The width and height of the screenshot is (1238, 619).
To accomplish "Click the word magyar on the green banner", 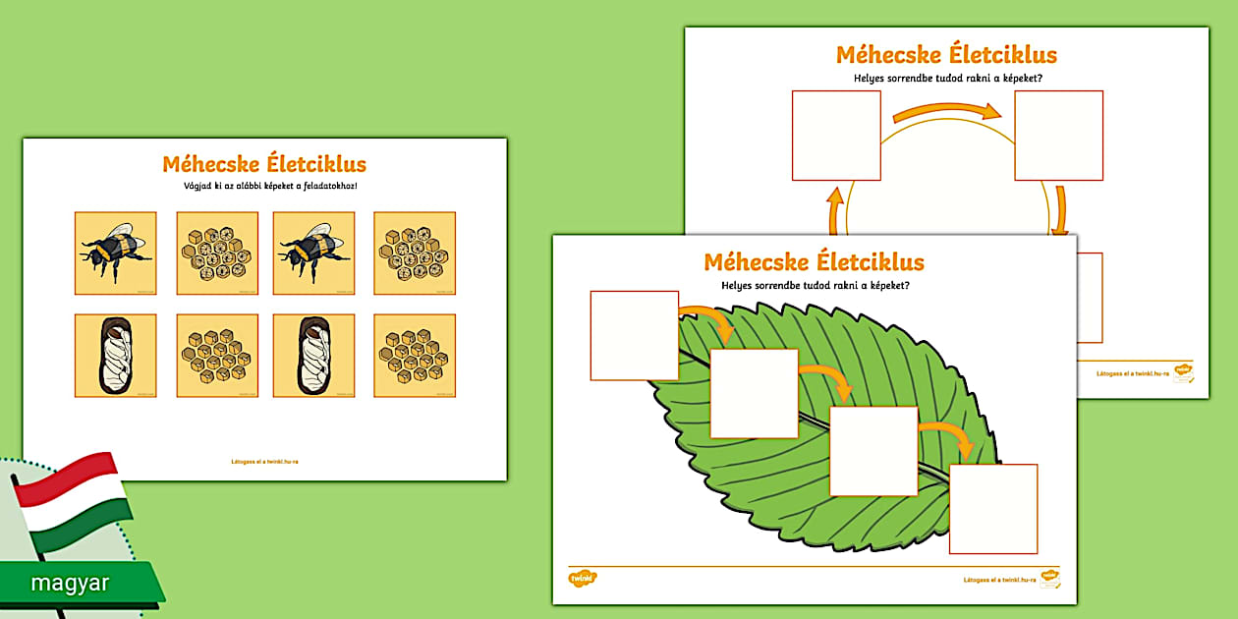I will [x=70, y=583].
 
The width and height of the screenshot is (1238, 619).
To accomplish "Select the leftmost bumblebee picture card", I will [x=116, y=253].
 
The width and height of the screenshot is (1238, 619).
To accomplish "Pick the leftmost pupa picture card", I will [x=116, y=356].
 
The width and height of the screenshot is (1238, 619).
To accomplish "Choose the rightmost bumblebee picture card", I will [x=314, y=253].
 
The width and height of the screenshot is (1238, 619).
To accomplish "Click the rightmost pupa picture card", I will [x=314, y=356].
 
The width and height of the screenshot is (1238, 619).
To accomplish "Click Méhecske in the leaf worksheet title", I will [x=755, y=262].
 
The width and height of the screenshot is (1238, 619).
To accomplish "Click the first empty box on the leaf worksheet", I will [x=635, y=335].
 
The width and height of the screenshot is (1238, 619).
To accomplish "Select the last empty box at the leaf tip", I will [x=993, y=509].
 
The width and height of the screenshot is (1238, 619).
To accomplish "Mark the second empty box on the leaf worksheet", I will [x=754, y=393].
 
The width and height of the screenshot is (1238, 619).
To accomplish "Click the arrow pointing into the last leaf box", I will [x=949, y=436].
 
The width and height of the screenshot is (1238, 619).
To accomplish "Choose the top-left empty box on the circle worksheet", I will [x=836, y=136].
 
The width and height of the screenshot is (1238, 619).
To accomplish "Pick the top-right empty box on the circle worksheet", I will [x=1058, y=136].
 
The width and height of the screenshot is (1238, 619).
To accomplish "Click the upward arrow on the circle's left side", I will [x=835, y=209].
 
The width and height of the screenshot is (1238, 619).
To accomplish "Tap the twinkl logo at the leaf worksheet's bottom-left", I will [x=583, y=579].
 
